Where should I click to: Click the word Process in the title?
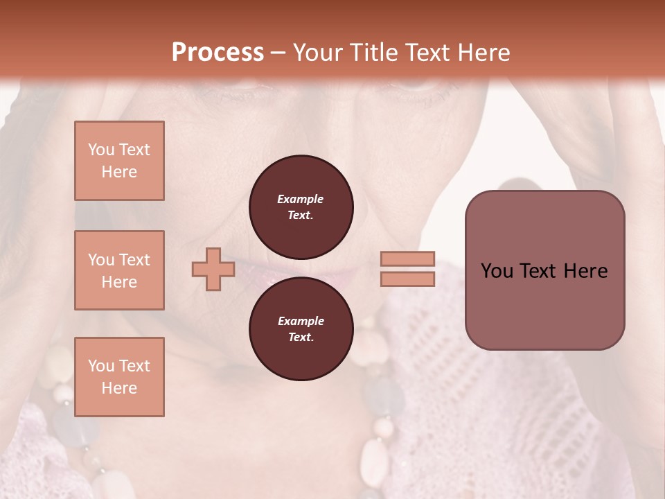218,53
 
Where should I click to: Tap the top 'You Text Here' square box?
119,161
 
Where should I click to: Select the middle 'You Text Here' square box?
119,270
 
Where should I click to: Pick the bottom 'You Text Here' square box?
119,376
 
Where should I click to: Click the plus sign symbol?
213,269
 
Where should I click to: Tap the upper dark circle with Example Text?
301,207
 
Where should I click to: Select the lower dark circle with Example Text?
301,329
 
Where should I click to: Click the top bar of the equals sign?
407,259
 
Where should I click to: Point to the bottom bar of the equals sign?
407,279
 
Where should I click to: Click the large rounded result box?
544,270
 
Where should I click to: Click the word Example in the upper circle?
300,199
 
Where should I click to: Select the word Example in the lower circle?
301,321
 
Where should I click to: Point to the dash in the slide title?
278,53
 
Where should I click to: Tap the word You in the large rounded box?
496,271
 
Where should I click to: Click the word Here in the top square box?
119,172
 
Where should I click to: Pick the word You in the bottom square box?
100,365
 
